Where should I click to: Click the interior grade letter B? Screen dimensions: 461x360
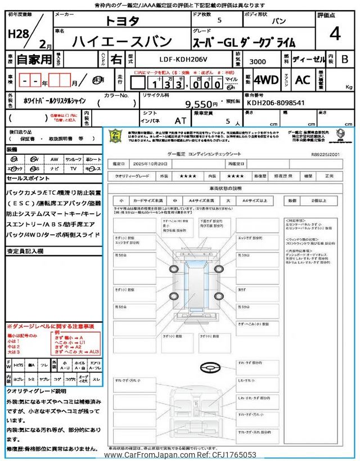pos(344,59)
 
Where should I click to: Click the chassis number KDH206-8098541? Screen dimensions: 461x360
pos(276,104)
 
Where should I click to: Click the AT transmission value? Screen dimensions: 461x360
pos(180,120)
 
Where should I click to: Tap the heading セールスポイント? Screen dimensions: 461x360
pos(29,178)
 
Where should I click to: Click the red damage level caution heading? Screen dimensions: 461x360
pos(50,326)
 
